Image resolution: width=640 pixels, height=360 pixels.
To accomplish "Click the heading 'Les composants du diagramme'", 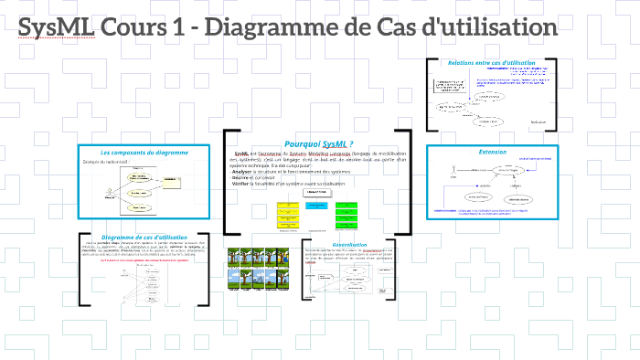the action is click(144, 152).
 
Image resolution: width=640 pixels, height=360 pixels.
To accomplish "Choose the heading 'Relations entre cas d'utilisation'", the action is click(491, 63).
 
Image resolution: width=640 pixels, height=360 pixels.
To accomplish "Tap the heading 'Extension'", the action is click(492, 151).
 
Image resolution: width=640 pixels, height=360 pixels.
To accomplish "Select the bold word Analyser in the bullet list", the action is click(243, 171).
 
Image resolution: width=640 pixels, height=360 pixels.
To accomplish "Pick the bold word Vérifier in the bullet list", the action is click(242, 184).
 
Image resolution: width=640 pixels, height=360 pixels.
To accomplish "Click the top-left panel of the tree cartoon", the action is click(234, 257).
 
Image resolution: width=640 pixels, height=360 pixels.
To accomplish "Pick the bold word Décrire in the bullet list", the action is click(241, 177).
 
